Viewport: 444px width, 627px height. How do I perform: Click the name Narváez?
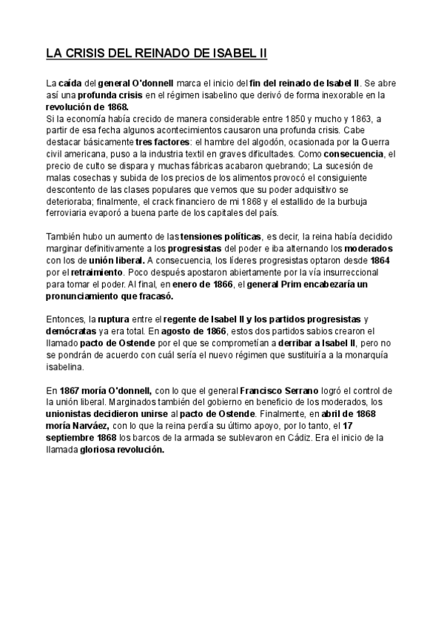coord(92,424)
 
